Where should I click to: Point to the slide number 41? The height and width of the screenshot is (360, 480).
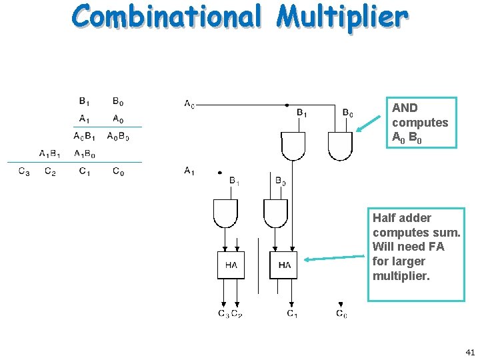[469, 351]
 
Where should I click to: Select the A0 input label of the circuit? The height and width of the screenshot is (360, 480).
[190, 103]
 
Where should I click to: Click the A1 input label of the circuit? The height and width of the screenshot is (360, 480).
[190, 171]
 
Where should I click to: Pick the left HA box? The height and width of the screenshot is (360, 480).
[231, 265]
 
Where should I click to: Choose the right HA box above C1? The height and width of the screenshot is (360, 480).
[283, 265]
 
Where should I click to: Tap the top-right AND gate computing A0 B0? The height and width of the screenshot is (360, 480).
[340, 145]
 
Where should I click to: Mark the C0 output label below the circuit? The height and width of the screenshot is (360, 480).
[341, 313]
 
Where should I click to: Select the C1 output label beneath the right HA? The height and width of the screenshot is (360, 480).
[292, 313]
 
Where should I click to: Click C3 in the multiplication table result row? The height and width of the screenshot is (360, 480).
[24, 171]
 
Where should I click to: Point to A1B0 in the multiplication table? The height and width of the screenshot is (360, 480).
[85, 154]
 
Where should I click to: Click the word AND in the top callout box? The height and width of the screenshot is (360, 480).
[405, 108]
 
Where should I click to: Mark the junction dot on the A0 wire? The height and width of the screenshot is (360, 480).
[287, 104]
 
